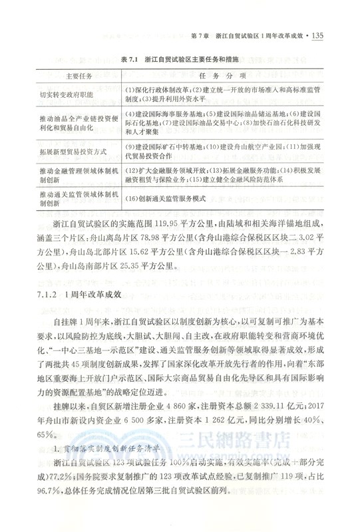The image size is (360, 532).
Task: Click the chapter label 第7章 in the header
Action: pyautogui.click(x=201, y=35)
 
